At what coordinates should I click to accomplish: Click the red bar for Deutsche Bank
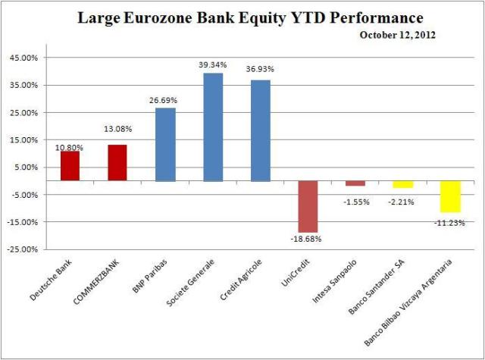[x=70, y=166]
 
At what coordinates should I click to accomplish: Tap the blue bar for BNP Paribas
[x=165, y=145]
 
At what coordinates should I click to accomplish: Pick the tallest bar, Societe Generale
[x=213, y=127]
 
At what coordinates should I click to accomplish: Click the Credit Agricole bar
[x=260, y=130]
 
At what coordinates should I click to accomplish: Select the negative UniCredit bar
[x=307, y=206]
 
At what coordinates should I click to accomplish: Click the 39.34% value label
[x=213, y=65]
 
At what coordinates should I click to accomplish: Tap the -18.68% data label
[x=308, y=239]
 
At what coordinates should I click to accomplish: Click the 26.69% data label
[x=165, y=100]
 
